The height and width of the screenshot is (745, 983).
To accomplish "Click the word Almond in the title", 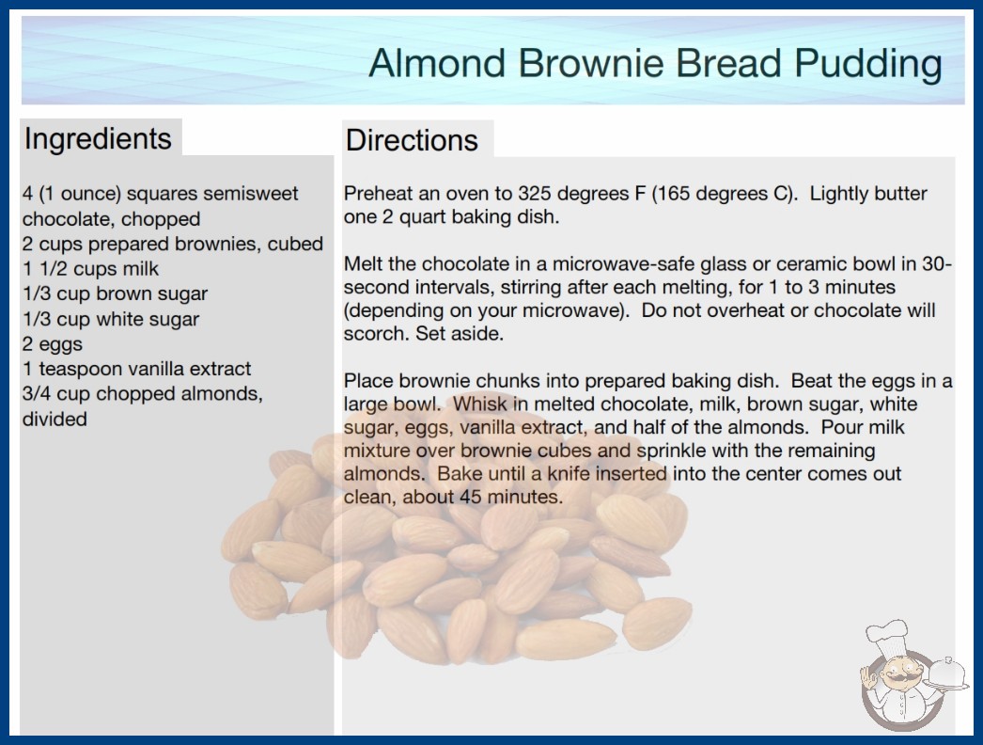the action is [x=438, y=63].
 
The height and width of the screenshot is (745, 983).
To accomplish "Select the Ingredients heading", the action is [x=98, y=139].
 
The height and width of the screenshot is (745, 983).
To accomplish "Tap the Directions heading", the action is [x=412, y=140].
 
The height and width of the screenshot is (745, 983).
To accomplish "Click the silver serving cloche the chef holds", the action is [x=946, y=674].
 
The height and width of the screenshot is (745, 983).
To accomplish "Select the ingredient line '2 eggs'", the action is [x=53, y=344].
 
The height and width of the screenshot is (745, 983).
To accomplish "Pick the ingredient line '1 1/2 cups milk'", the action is [x=91, y=269].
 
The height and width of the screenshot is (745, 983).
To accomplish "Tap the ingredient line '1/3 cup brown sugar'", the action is [x=115, y=293].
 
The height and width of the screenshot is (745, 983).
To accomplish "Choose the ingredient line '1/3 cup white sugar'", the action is [x=111, y=319].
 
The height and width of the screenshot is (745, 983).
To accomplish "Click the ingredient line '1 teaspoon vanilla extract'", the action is [x=136, y=369].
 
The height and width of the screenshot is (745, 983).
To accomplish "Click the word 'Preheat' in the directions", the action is [x=378, y=194].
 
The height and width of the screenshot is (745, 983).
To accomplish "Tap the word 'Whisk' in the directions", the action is [x=478, y=404].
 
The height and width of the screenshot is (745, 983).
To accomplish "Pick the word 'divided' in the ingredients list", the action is [x=55, y=419].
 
